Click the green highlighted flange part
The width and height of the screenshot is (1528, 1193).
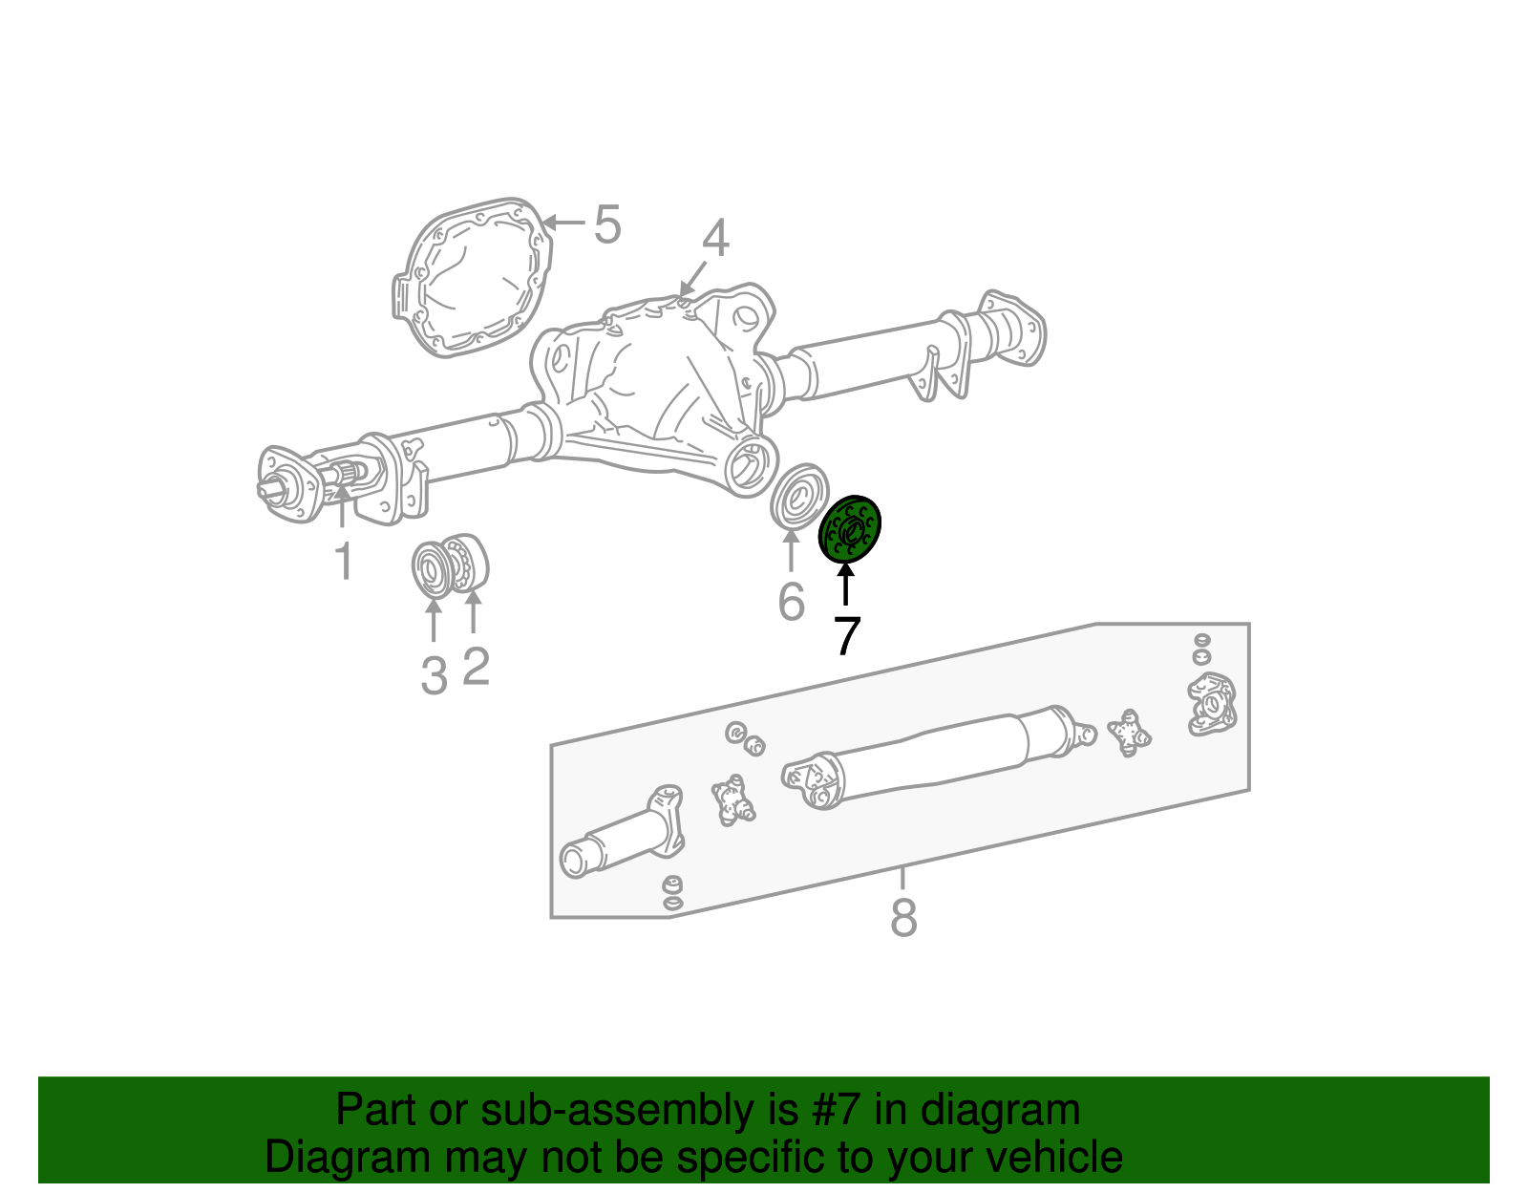(849, 530)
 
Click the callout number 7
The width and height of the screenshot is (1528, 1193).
(847, 636)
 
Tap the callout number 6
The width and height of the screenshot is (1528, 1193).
(791, 602)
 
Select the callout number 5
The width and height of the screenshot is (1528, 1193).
(607, 225)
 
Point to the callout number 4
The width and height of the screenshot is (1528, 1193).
(715, 239)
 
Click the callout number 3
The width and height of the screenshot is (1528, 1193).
(435, 675)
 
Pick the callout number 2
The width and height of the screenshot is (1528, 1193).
(476, 666)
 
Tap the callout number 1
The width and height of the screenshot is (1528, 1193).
(344, 562)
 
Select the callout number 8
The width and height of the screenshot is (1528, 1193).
(902, 918)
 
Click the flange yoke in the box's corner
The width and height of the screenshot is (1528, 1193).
(1211, 705)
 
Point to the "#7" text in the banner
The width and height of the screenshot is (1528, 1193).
(837, 1111)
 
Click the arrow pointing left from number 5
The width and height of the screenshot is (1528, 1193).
(562, 223)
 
